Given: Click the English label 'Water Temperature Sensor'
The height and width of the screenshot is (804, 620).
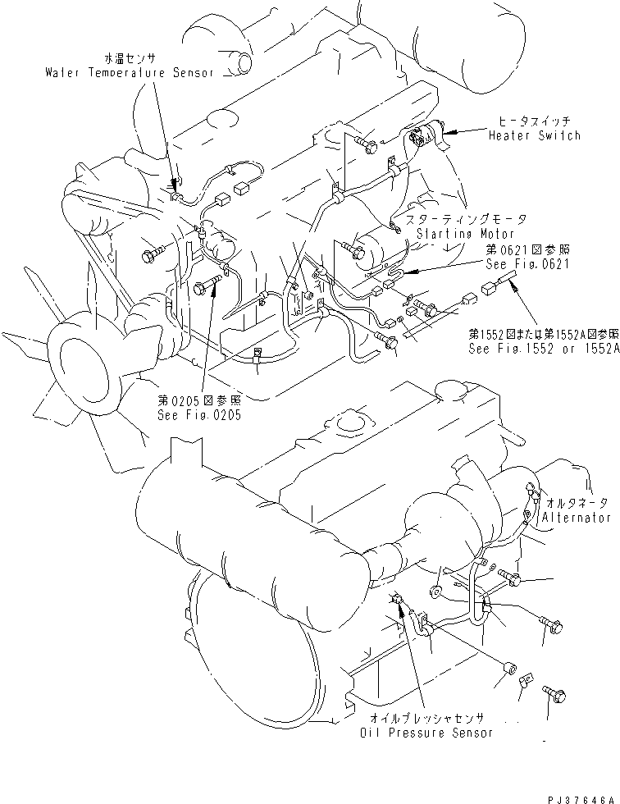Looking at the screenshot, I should (129, 72).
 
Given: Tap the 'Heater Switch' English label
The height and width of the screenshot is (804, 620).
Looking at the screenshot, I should (534, 135).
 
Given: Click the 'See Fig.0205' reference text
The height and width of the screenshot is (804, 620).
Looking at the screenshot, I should (200, 414).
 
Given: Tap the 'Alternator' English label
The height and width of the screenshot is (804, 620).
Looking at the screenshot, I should (577, 518).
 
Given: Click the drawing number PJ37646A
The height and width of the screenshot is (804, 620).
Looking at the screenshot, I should (577, 797).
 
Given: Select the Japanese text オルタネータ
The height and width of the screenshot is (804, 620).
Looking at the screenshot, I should (578, 502).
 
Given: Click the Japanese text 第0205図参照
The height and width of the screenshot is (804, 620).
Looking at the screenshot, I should (200, 400).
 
